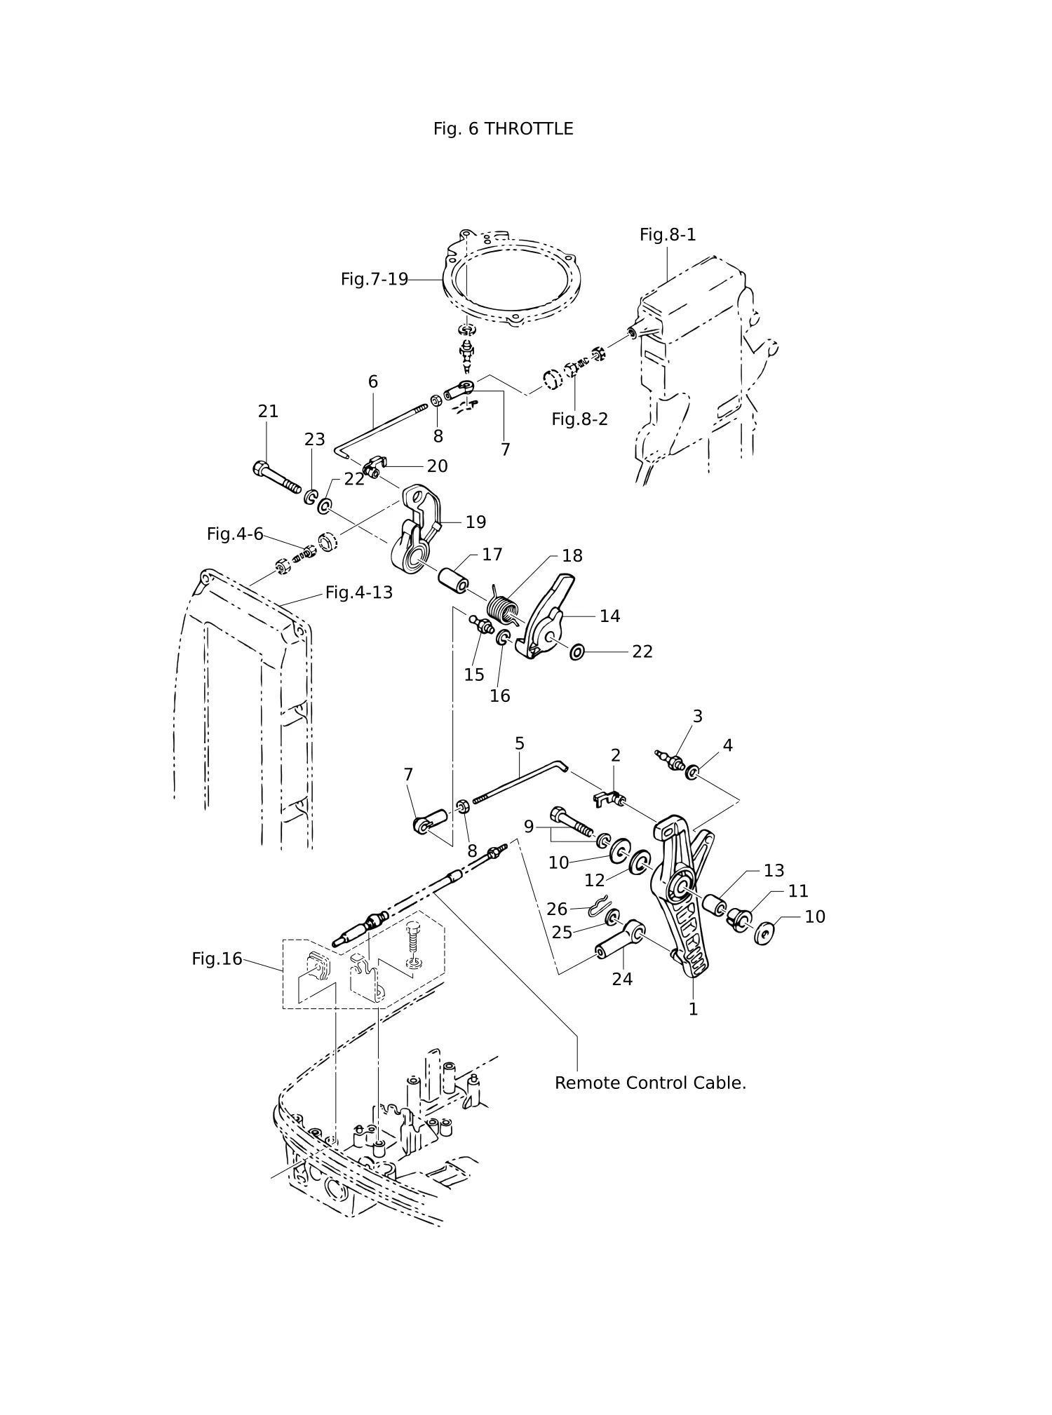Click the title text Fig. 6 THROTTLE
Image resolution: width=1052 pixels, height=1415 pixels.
tap(503, 129)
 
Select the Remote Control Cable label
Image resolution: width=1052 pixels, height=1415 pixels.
tap(650, 1083)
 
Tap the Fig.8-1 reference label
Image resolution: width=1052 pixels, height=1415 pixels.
tap(668, 235)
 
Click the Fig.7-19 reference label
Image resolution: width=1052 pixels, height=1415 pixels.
tap(375, 279)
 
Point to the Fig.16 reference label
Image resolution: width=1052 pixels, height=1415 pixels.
tap(217, 959)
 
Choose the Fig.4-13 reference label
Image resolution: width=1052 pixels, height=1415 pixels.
tap(359, 593)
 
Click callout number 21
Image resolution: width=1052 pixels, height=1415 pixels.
tap(268, 412)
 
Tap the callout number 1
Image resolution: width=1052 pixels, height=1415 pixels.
tap(693, 1010)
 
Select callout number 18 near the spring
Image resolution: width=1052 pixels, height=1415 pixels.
tap(572, 556)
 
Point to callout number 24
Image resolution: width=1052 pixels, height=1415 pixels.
tap(622, 980)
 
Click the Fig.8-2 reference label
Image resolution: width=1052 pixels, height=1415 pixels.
tap(579, 419)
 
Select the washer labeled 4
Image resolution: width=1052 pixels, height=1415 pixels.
tap(692, 773)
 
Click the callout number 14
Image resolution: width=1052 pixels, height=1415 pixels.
tap(609, 616)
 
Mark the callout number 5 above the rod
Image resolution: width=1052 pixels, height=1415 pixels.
tap(519, 743)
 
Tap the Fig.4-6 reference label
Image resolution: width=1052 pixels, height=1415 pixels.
tap(235, 534)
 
